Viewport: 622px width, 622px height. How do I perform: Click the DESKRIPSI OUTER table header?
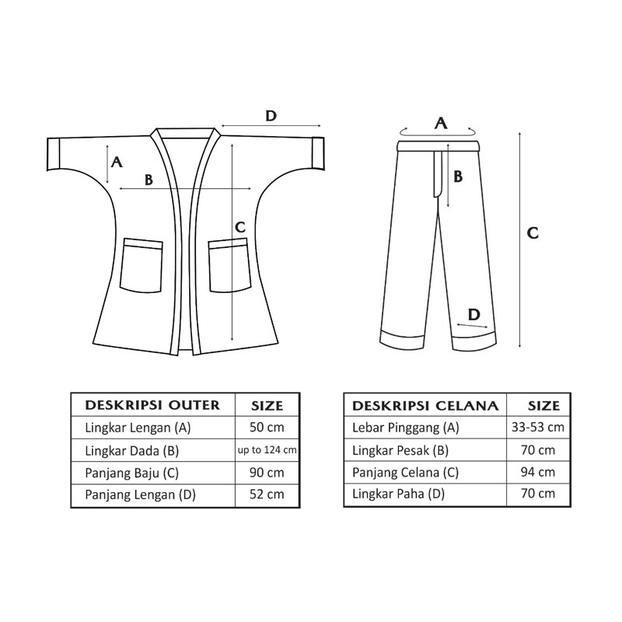coord(152,405)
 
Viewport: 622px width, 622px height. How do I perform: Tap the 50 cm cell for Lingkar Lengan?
coord(267,427)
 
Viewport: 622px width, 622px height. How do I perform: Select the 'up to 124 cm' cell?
coord(267,450)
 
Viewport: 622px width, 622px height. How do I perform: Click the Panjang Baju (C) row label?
coord(131,473)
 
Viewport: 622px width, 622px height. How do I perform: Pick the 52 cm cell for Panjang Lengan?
coord(267,494)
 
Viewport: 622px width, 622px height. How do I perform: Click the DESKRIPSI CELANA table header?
coord(425,405)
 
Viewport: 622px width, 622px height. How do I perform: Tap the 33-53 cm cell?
coord(538,427)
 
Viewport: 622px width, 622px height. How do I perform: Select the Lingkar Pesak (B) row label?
coord(400,451)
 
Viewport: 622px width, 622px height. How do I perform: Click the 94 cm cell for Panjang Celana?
coord(538,472)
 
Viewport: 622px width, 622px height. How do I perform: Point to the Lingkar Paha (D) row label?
coord(398,494)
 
